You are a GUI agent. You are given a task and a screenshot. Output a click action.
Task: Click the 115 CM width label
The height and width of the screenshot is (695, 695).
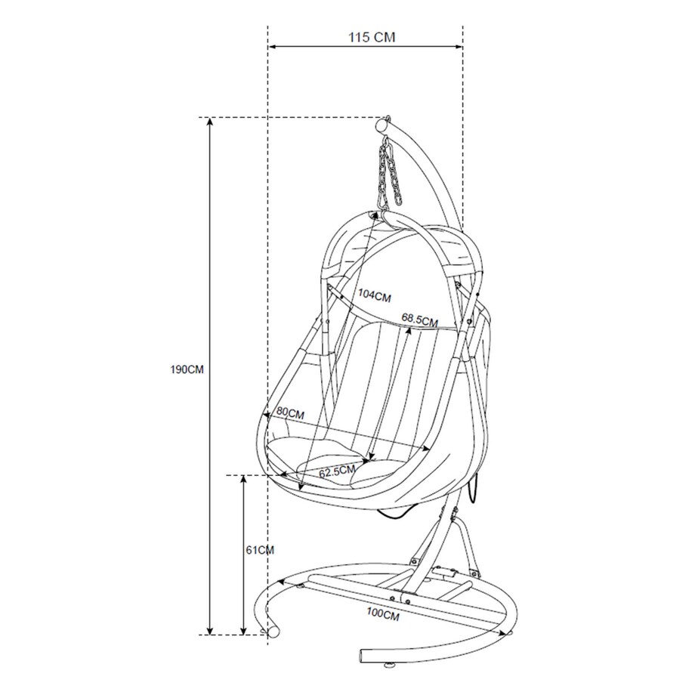372,37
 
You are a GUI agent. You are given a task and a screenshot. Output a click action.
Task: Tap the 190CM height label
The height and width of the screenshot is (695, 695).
187,369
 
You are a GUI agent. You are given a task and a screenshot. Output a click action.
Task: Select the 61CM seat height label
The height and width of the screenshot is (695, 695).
260,550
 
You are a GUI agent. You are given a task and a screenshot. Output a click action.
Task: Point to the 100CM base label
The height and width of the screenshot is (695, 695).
383,614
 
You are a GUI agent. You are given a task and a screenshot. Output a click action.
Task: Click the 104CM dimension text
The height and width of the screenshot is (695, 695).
375,295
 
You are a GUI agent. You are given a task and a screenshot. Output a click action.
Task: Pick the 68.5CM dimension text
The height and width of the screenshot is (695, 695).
420,320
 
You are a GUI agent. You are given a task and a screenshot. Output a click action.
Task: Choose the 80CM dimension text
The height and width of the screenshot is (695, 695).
290,413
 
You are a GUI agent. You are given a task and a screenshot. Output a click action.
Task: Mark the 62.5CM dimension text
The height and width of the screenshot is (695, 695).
338,471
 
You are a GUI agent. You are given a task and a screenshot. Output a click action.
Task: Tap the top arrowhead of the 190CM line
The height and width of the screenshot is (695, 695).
211,122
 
